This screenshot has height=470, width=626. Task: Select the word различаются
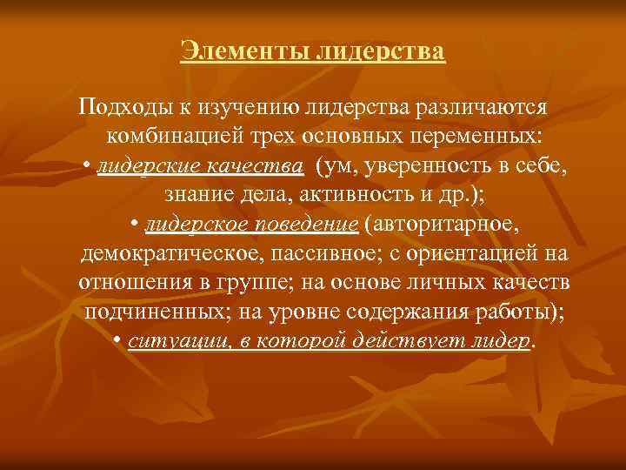[483, 107]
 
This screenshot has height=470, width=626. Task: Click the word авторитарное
[444, 224]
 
